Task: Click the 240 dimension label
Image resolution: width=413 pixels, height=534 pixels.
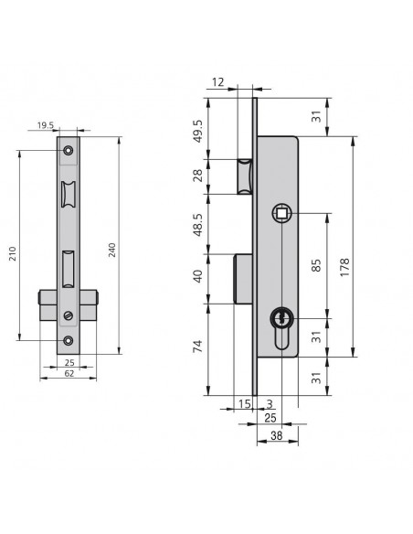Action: tap(111, 250)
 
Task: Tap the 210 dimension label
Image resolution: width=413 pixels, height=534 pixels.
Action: tap(12, 253)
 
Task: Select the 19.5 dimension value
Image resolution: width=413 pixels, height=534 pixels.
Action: tap(46, 125)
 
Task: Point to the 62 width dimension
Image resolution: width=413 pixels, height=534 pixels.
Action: tap(69, 373)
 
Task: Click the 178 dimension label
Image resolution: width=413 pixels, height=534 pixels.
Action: tap(344, 267)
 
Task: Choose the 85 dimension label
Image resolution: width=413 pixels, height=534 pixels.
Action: tap(316, 266)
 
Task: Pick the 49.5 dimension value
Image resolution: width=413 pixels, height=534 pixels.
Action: tap(197, 131)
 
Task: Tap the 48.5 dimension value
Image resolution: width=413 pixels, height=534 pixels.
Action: tap(197, 225)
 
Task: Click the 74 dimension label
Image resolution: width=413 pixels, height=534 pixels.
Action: tap(197, 346)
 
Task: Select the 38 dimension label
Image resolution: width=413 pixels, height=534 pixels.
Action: tap(277, 435)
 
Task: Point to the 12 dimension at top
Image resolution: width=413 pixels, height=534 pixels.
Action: tap(218, 82)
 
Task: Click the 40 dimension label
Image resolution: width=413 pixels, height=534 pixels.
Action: tap(197, 276)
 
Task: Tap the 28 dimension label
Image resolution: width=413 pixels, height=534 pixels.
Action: tap(197, 176)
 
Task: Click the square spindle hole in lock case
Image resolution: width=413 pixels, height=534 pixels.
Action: tap(281, 213)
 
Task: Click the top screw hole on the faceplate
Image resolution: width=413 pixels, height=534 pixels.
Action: tap(69, 150)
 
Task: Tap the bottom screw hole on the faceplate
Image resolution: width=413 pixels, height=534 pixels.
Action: tap(69, 340)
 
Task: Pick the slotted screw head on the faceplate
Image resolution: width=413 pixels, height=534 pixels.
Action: tap(69, 315)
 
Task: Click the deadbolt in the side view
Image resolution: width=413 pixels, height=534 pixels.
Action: tap(243, 279)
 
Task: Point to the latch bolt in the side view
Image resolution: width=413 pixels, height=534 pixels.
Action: tap(245, 176)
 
